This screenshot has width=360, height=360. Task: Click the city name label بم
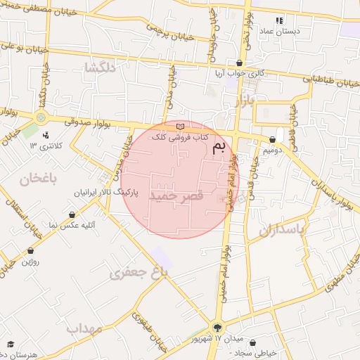(219, 146)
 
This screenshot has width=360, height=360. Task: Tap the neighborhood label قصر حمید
(176, 198)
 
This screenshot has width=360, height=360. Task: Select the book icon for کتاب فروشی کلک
(181, 127)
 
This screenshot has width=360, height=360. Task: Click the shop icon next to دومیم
(273, 140)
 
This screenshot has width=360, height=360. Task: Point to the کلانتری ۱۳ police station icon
(46, 134)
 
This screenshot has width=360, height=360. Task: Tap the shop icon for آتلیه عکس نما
(72, 215)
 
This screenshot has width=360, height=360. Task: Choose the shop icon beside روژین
(30, 250)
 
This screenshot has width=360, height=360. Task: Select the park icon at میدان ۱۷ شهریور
(217, 328)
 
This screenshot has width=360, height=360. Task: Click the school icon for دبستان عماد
(279, 21)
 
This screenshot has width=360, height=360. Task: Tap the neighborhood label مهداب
(84, 328)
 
